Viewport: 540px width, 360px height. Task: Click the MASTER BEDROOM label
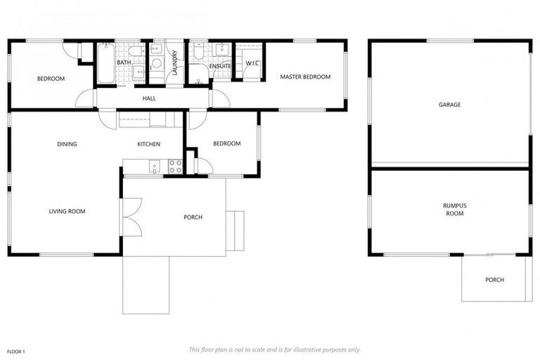[x=304, y=77]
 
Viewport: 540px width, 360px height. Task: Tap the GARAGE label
[x=450, y=105]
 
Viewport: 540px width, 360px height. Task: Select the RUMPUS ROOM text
[x=454, y=209]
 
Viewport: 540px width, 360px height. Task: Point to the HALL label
[x=149, y=98]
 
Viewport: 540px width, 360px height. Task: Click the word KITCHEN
[x=148, y=144]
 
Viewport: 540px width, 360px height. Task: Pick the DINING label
[x=67, y=144]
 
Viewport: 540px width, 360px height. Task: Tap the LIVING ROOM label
[x=67, y=211]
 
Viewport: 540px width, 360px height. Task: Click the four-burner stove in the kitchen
[x=174, y=167]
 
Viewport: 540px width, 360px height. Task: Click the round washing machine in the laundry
[x=156, y=63]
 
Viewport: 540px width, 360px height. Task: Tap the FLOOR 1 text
[x=17, y=350]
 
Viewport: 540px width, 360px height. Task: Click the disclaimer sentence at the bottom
[x=274, y=349]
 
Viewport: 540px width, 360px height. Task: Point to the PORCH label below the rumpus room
[x=494, y=280]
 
